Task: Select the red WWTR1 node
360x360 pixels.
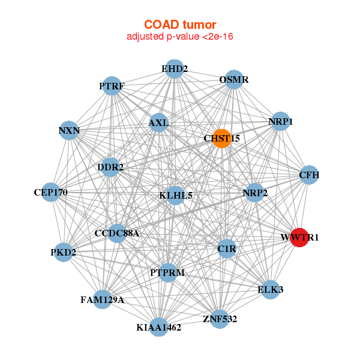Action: point(299,237)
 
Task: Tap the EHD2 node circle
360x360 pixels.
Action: point(174,69)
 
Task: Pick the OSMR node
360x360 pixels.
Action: point(233,80)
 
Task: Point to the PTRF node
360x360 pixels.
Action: point(112,86)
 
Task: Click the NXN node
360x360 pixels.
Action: point(70,130)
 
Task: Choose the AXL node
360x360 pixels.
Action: point(158,123)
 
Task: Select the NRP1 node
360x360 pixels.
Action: point(280,122)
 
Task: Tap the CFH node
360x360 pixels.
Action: point(309,175)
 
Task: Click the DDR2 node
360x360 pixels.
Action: point(110,167)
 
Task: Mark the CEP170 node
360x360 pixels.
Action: point(51,193)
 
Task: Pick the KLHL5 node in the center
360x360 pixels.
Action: point(175,195)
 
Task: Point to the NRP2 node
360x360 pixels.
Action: point(255,193)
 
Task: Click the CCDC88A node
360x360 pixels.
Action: point(117,233)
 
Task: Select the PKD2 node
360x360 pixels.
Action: point(63,252)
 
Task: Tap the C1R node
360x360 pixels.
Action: point(227,248)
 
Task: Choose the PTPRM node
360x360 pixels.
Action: point(167,272)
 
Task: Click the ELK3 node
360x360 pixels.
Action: point(271,289)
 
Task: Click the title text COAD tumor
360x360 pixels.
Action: point(179,25)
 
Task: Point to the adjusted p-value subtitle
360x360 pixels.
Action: point(179,37)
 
